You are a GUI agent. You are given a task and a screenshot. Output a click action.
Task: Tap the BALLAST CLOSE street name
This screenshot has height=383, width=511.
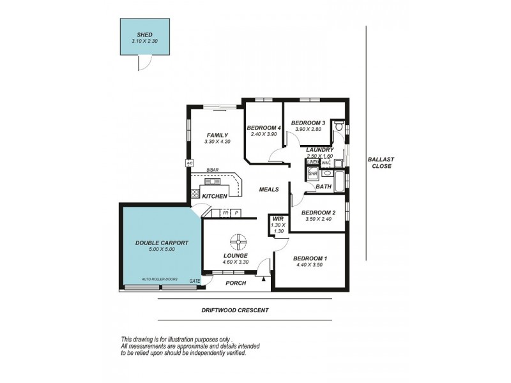click(379, 163)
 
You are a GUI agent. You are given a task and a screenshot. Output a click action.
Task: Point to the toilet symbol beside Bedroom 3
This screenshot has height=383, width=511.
click(340, 126)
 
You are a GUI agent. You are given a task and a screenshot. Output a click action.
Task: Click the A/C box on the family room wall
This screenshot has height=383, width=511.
click(189, 163)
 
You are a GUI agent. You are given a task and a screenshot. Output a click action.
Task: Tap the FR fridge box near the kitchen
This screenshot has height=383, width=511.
click(226, 213)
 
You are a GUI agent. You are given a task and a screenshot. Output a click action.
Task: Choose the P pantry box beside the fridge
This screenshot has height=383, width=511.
click(236, 213)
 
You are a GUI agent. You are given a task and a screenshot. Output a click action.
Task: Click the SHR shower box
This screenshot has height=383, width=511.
click(313, 172)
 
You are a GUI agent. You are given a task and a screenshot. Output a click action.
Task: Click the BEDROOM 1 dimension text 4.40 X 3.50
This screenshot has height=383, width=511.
click(310, 266)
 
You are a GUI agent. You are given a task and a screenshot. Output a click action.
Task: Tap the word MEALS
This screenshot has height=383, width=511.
click(268, 190)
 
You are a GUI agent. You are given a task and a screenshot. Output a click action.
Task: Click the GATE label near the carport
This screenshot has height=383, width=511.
click(195, 281)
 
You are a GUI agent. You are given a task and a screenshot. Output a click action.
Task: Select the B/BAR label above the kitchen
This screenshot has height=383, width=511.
click(212, 170)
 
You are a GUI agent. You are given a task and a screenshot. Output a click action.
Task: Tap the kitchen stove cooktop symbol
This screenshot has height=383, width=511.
click(195, 193)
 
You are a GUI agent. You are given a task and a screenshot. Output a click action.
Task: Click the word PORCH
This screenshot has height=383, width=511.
click(236, 283)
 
